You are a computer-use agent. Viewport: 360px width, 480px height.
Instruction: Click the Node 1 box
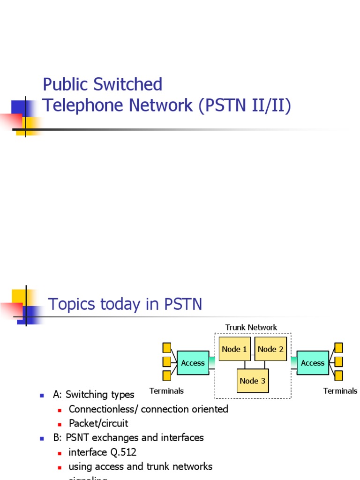234,349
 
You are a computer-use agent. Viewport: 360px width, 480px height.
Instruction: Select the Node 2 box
270,349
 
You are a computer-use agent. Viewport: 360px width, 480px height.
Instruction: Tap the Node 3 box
253,381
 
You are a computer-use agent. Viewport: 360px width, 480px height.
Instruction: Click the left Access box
193,363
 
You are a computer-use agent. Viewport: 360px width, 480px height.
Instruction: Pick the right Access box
313,363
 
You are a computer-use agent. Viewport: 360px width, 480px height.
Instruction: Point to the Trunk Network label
251,327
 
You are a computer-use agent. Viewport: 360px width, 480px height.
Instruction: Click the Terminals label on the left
166,390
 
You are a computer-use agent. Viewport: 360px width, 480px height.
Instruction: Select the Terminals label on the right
340,390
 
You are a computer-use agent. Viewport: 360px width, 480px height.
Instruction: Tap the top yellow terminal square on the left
167,348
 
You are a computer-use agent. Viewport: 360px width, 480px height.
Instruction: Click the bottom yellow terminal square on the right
338,375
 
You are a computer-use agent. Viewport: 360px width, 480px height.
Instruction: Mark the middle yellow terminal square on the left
167,362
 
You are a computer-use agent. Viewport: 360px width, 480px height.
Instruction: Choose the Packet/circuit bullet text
98,423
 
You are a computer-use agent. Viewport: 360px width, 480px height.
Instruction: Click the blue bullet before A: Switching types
42,395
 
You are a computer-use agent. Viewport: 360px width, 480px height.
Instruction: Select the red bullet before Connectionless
60,410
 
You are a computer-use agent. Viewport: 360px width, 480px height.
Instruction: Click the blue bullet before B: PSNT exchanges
42,438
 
